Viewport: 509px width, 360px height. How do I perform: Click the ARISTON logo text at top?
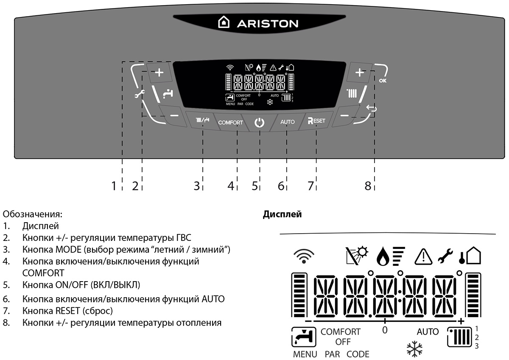pos(267,23)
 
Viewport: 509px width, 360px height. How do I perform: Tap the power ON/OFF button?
pos(259,123)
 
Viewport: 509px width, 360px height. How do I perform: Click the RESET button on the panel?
pos(316,121)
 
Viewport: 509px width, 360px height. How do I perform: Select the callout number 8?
pos(367,186)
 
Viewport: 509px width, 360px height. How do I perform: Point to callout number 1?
pos(114,186)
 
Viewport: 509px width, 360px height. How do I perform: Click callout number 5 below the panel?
pos(255,186)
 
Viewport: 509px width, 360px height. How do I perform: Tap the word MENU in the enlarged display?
pos(305,354)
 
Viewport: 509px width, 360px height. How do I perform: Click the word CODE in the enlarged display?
pos(358,354)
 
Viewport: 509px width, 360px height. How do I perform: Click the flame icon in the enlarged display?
pos(383,257)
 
